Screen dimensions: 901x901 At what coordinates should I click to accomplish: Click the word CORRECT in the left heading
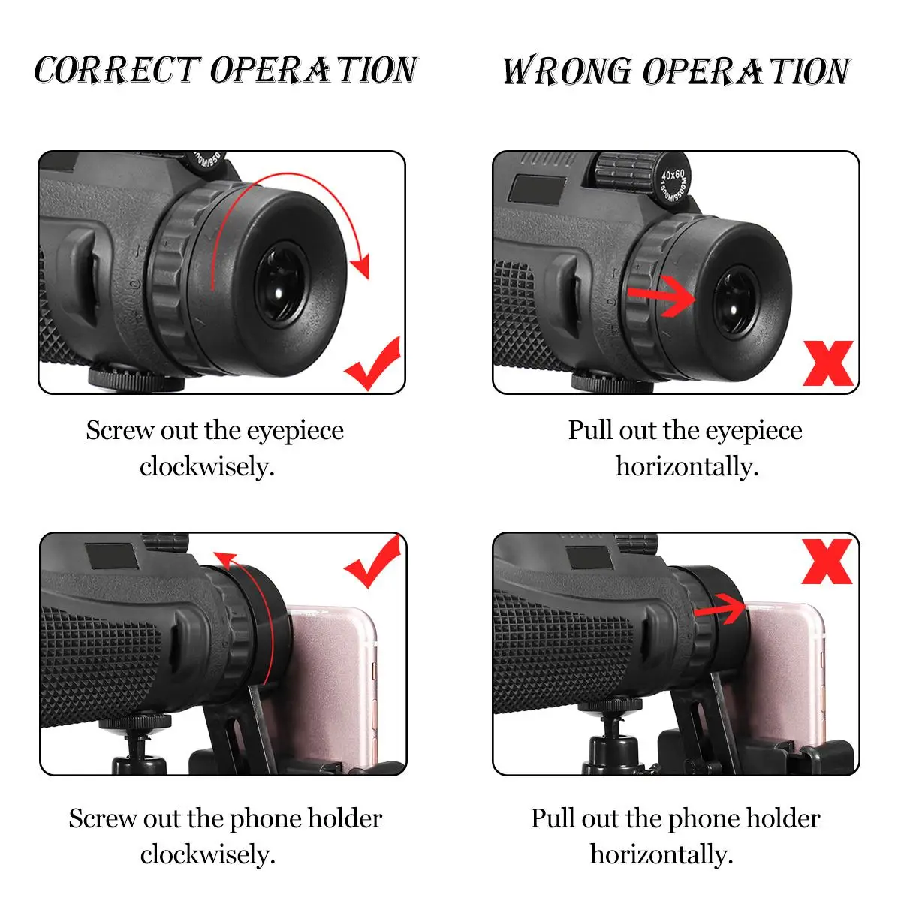pyautogui.click(x=117, y=70)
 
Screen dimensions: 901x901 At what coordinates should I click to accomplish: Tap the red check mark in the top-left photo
pyautogui.click(x=372, y=363)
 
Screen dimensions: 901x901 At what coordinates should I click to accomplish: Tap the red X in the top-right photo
pyautogui.click(x=827, y=363)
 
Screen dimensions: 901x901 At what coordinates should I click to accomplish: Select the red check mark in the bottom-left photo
pyautogui.click(x=372, y=561)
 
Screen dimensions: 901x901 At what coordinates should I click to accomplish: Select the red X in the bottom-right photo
pyautogui.click(x=827, y=562)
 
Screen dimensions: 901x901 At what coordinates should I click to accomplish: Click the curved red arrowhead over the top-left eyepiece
pyautogui.click(x=360, y=266)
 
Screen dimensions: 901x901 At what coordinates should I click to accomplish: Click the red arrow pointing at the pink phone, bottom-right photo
pyautogui.click(x=720, y=609)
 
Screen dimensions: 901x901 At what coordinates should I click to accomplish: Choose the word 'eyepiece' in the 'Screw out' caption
pyautogui.click(x=295, y=431)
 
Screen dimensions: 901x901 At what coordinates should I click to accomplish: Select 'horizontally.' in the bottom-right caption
pyautogui.click(x=661, y=854)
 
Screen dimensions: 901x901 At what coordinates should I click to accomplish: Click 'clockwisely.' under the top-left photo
pyautogui.click(x=207, y=467)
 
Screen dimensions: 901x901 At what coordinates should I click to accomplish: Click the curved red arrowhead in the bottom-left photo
pyautogui.click(x=225, y=559)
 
